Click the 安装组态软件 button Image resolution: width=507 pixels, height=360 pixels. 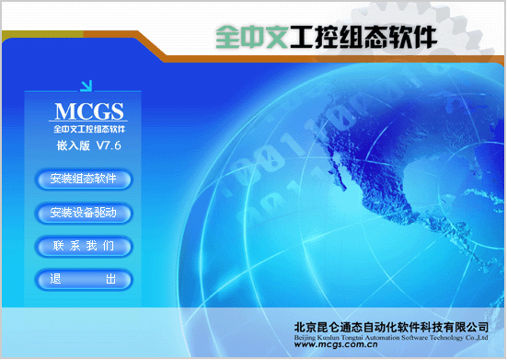coord(84,179)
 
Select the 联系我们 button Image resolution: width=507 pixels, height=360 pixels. coord(84,246)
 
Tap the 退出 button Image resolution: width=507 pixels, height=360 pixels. coord(84,279)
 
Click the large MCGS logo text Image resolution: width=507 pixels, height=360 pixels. coord(88,113)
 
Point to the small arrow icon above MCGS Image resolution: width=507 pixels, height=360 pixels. coord(86,87)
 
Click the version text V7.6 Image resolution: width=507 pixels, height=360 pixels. coord(109,146)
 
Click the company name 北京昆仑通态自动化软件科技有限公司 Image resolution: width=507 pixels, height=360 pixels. coord(390,326)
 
